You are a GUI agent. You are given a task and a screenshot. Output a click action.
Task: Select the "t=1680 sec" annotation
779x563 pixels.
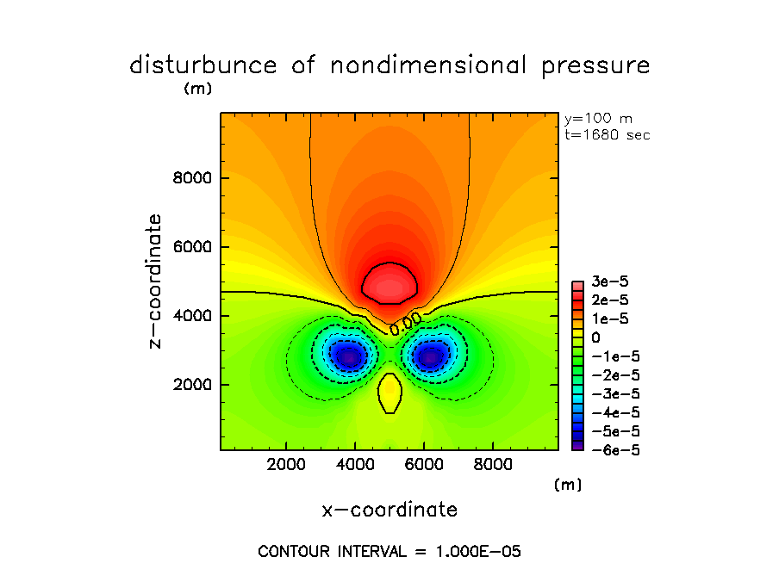click(607, 134)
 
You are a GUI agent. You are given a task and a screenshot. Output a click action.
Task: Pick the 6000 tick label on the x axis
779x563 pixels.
click(424, 465)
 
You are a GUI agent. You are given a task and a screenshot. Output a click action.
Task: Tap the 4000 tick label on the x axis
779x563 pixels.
click(355, 465)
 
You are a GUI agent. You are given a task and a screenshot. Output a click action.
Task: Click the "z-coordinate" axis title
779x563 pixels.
click(156, 281)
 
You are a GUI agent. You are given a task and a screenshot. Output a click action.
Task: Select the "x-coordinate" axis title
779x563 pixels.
click(389, 510)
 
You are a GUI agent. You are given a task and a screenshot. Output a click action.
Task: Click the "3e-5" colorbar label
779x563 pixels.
click(608, 283)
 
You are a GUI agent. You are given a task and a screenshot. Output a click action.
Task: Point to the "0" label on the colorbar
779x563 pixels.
click(595, 338)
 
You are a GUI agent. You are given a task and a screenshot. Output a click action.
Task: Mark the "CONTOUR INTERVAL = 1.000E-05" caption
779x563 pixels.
click(389, 551)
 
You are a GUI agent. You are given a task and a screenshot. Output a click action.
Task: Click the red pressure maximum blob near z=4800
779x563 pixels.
click(389, 283)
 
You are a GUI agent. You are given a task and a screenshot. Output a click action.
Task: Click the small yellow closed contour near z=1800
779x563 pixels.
click(389, 393)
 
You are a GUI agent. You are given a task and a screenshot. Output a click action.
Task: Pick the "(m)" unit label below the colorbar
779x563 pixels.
click(568, 485)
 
